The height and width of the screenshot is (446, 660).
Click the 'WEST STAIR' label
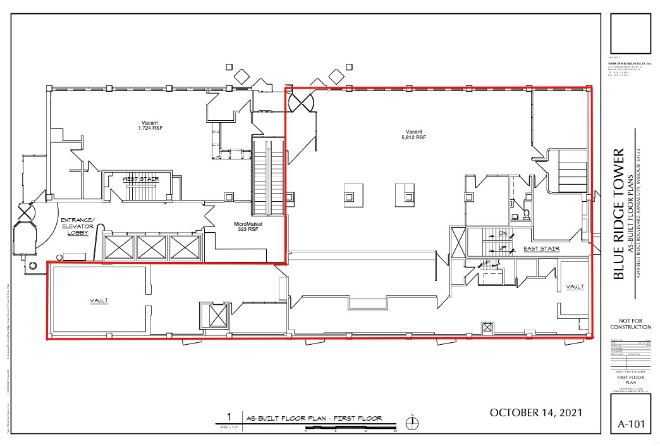(x=141, y=180)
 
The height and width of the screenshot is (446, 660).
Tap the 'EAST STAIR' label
(x=541, y=249)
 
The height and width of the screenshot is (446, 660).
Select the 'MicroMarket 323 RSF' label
(x=248, y=227)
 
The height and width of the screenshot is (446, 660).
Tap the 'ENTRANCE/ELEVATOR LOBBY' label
(x=77, y=226)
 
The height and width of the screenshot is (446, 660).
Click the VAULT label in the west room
(x=99, y=301)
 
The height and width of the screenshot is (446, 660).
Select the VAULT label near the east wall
(x=575, y=287)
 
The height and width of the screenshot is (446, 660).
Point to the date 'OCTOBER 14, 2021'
(x=535, y=412)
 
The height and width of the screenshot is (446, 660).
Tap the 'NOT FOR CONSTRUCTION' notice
(x=630, y=323)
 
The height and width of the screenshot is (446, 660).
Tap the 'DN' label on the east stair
(x=503, y=235)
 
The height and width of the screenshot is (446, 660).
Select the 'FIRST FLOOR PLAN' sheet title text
(x=630, y=380)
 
